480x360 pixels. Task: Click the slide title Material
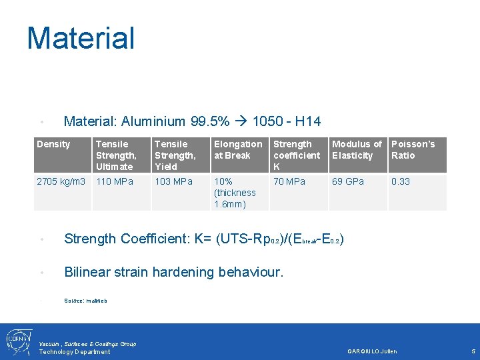pos(81,38)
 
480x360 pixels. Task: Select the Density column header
pos(53,144)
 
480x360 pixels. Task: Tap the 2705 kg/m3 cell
pos(61,181)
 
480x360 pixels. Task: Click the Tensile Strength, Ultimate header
pos(115,155)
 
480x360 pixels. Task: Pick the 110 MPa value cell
pos(115,181)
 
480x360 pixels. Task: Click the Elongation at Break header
pos(238,149)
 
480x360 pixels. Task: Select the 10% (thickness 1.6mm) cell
pos(235,193)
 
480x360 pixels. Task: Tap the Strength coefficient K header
pos(297,155)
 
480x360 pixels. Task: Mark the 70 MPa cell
pos(289,181)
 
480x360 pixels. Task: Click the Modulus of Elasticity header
pos(357,149)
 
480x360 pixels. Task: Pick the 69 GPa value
pos(348,181)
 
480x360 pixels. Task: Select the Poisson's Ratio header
pos(413,149)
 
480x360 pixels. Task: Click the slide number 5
pos(473,351)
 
